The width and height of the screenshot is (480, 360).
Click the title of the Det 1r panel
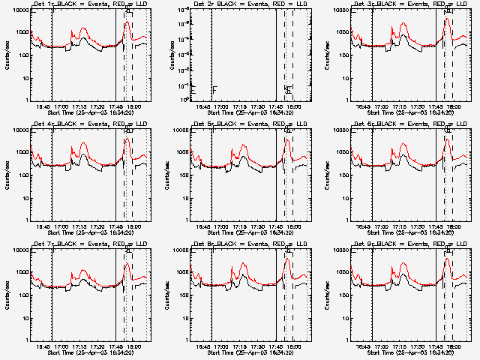click(82, 4)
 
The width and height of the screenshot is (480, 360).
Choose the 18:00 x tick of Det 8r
click(294, 346)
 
